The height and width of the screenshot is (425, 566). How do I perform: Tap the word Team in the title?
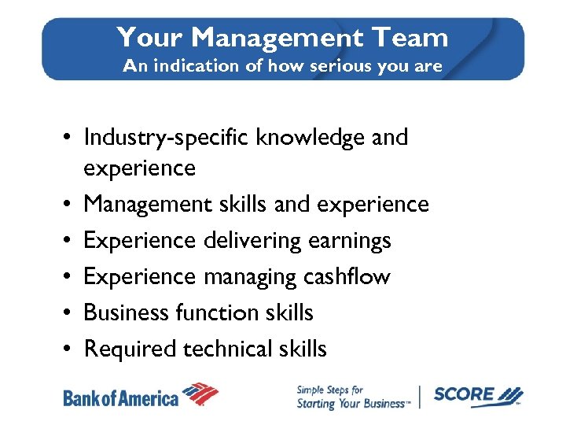[x=412, y=37]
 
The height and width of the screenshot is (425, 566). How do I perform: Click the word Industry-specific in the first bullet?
[x=167, y=138]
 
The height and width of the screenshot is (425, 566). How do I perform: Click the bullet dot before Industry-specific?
[x=69, y=139]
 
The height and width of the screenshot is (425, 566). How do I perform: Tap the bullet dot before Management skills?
[x=69, y=205]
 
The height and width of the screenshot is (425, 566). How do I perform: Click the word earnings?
[x=350, y=241]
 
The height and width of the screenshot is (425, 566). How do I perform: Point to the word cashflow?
[x=348, y=277]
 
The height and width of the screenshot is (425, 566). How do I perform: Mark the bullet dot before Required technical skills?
[x=69, y=349]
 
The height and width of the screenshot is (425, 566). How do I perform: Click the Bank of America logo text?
[x=120, y=397]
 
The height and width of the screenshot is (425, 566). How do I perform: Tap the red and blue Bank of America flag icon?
[x=200, y=394]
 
